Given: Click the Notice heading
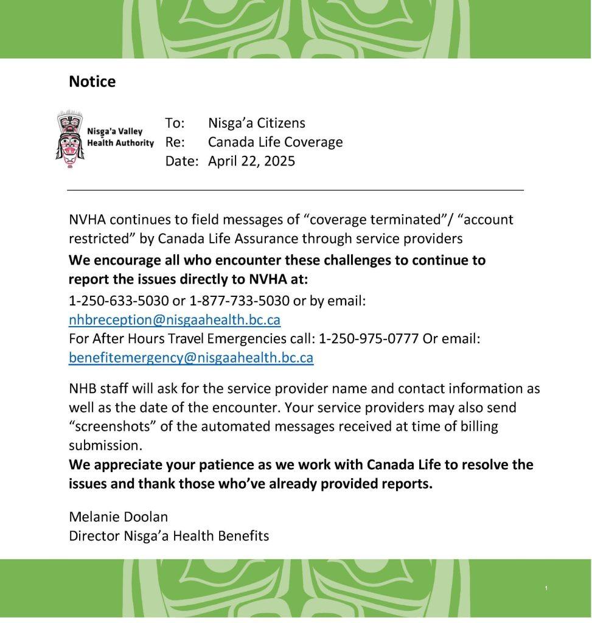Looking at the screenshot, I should [92, 82].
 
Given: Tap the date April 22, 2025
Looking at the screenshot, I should [251, 161].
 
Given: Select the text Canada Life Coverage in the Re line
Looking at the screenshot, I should [275, 142].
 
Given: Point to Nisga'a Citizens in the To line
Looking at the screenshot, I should [256, 123].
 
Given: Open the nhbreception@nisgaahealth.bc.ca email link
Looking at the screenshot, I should [175, 319].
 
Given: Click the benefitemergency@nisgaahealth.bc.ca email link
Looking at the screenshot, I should [191, 357].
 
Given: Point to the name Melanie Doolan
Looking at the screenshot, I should [118, 517].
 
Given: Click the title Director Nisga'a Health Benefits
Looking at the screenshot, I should [169, 535].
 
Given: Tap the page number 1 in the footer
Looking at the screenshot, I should [546, 588].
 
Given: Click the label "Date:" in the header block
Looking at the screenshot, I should [181, 161].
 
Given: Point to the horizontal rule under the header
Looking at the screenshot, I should [295, 190].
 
